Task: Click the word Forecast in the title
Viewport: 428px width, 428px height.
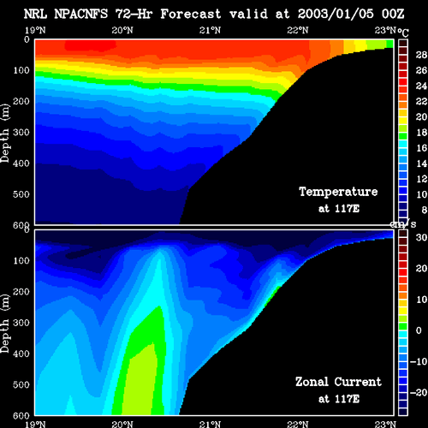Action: tap(191, 14)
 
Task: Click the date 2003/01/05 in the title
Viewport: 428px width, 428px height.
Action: tap(336, 14)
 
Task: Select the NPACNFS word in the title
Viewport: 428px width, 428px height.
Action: tap(81, 14)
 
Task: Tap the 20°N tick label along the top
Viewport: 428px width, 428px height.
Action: tap(122, 30)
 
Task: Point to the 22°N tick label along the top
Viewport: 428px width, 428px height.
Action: tap(298, 30)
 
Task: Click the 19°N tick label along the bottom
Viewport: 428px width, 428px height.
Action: tap(35, 425)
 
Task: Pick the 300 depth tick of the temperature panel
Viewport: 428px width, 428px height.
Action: tap(21, 133)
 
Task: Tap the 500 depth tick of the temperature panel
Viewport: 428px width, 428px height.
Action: tap(21, 194)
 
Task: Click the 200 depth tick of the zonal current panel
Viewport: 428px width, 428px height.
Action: tap(21, 292)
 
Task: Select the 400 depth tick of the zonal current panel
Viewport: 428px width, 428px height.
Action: tap(21, 354)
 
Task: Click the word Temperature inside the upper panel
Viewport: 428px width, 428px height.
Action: tap(338, 192)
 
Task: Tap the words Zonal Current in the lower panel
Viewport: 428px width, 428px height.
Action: tap(338, 382)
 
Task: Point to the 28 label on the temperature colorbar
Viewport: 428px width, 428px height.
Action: tap(421, 55)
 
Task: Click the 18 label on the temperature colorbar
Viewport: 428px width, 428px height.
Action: tap(421, 133)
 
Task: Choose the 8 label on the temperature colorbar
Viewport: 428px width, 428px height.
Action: tap(424, 210)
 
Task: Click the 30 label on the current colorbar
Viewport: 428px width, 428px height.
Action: tap(421, 237)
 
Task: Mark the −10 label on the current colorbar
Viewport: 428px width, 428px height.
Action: tap(419, 362)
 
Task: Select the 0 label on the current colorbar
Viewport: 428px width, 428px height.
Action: tap(419, 330)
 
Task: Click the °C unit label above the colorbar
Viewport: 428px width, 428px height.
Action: tap(403, 33)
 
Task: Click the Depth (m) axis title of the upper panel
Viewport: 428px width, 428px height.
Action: tap(5, 134)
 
